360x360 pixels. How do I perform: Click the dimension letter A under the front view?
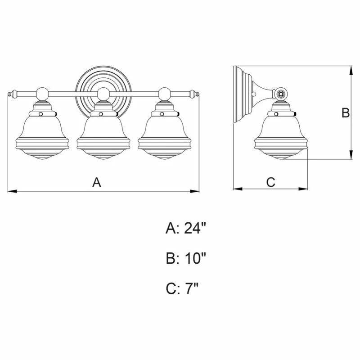tap(97, 182)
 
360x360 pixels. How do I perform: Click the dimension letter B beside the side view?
tap(345, 113)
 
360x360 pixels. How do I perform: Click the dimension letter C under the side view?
tap(271, 182)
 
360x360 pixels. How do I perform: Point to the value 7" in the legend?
tap(192, 288)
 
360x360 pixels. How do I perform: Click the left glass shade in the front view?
tap(42, 137)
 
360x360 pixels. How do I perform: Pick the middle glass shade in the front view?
tap(103, 137)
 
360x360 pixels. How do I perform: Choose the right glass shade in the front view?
tap(164, 137)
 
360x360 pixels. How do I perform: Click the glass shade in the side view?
tap(280, 137)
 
